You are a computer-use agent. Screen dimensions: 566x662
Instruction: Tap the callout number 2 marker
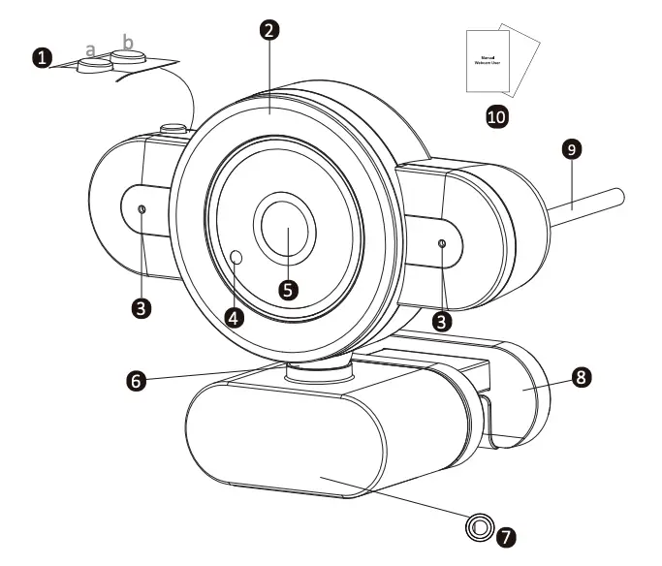[270, 29]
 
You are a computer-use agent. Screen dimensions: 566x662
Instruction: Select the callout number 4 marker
[234, 315]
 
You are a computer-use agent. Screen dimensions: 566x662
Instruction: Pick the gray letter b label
[127, 42]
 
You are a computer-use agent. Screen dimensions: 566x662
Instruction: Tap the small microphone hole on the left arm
[142, 210]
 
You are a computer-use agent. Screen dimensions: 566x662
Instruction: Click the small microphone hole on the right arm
[442, 244]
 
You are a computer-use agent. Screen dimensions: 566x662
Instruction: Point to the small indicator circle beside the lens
[238, 256]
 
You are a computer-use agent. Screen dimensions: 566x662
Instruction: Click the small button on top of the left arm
[173, 127]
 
